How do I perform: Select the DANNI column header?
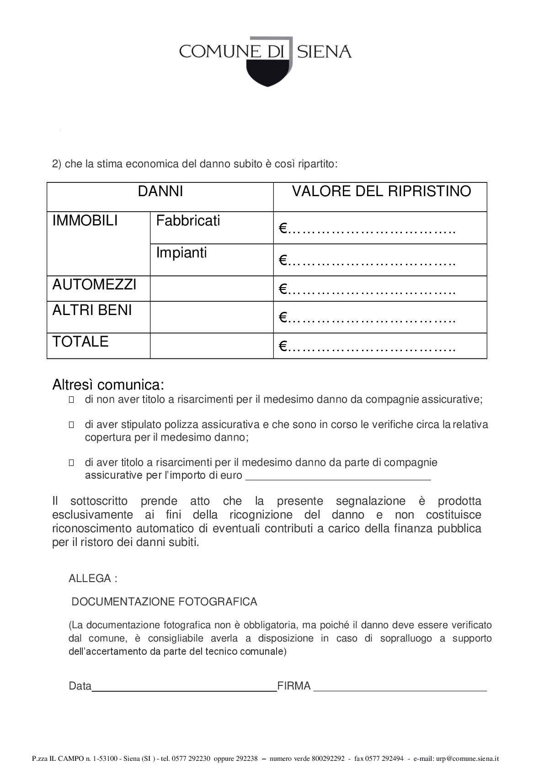[160, 191]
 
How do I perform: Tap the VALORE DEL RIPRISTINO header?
[381, 191]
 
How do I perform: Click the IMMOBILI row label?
[85, 221]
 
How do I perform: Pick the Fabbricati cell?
[188, 221]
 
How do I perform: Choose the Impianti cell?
[181, 253]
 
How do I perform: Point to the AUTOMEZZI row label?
[94, 284]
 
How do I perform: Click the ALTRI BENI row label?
[92, 310]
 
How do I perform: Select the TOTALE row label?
[80, 342]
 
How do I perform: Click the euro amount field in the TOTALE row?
[368, 347]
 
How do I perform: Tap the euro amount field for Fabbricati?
[368, 228]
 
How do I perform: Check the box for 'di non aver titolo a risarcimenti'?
[71, 400]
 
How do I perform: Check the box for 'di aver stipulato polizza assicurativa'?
[71, 425]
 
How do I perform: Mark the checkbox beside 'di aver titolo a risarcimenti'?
[71, 463]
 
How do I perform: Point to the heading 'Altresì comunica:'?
[108, 385]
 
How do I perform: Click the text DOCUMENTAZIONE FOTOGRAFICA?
[165, 602]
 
